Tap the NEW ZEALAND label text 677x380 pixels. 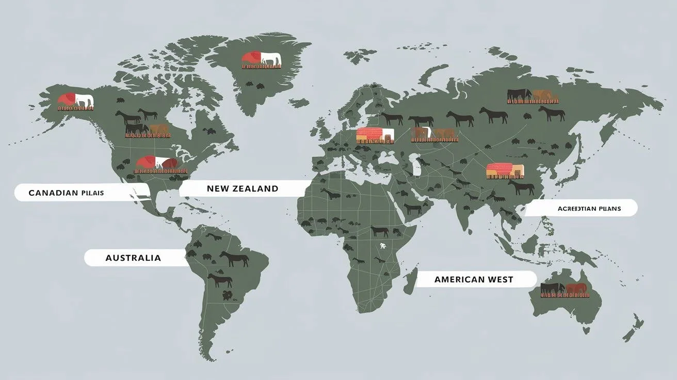tap(242, 188)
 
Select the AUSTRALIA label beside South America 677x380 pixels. tap(133, 258)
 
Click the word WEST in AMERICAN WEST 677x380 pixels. tap(500, 279)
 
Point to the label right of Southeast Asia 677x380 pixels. tap(589, 209)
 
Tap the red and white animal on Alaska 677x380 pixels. tap(75, 100)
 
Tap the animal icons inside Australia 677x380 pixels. tap(563, 289)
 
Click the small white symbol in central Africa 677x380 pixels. tap(382, 246)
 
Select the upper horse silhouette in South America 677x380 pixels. tap(234, 259)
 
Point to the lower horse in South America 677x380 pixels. tap(220, 280)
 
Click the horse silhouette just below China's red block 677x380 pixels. tap(521, 187)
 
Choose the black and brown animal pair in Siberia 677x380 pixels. tap(529, 96)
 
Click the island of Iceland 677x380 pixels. tap(299, 103)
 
